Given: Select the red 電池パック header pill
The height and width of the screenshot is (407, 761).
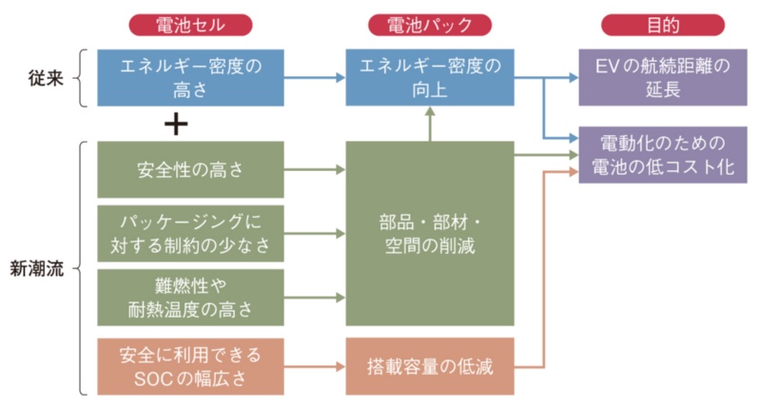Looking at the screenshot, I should (x=429, y=24).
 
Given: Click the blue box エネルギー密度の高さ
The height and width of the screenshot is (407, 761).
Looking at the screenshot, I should (x=190, y=77).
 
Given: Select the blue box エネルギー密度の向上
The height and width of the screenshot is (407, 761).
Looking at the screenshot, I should (x=430, y=77).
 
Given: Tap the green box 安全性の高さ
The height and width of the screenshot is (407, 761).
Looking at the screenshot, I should (x=190, y=171).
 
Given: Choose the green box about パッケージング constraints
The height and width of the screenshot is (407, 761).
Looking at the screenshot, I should (x=190, y=233).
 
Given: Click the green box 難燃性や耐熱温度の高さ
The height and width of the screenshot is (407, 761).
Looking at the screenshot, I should (x=190, y=296).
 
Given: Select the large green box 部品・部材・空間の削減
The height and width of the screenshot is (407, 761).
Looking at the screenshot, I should (x=430, y=233).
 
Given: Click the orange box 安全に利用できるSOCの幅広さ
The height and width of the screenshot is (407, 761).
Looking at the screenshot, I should (x=190, y=364).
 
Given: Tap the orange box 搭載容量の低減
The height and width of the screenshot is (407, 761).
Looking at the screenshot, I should (x=430, y=365).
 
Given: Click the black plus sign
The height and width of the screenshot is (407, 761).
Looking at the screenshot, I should (x=176, y=124).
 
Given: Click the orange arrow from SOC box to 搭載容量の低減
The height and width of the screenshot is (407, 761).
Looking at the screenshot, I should (x=314, y=365).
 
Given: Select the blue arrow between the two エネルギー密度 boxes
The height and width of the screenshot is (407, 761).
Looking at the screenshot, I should (x=314, y=77).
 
